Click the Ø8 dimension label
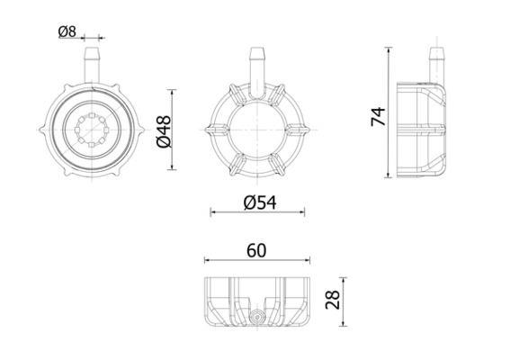(67, 31)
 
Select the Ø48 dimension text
(164, 131)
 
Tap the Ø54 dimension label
(260, 202)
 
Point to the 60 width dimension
(256, 250)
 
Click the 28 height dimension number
(333, 300)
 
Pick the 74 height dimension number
(379, 116)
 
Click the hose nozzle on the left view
(92, 65)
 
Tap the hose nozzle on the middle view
(257, 72)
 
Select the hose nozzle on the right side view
(436, 65)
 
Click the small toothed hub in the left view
(92, 130)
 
